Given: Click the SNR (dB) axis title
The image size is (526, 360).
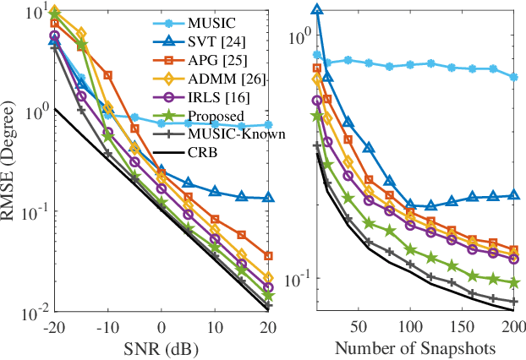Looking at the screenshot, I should (162, 348).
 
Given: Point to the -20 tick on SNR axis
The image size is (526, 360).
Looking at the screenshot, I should (52, 325).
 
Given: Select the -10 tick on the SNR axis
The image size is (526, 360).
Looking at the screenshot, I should (107, 325).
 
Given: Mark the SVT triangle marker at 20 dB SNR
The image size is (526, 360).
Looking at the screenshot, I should (268, 198).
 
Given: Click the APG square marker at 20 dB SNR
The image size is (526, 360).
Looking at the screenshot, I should (268, 255).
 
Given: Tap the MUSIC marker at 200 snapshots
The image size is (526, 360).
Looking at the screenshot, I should (513, 76).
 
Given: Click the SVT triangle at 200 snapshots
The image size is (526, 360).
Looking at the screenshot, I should (513, 195).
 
